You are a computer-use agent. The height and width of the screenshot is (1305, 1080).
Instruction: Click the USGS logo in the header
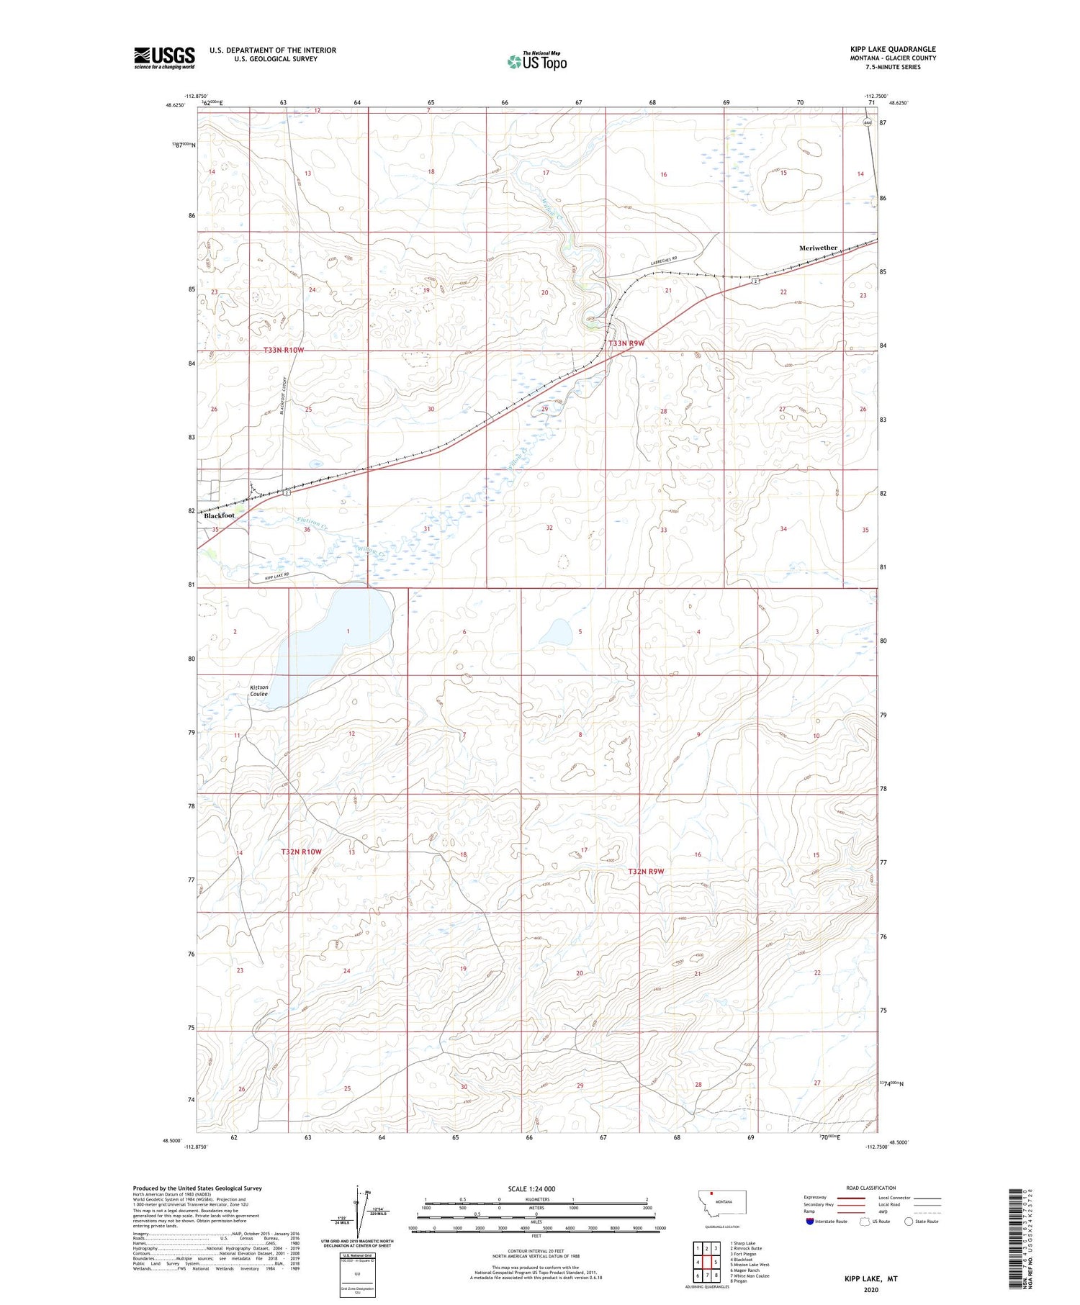point(164,58)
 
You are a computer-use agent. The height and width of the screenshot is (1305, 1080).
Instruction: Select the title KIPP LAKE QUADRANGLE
point(892,49)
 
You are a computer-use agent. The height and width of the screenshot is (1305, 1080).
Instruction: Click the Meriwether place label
point(818,248)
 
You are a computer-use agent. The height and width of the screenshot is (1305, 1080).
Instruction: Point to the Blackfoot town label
point(219,515)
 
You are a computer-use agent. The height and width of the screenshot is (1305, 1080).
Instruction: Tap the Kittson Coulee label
point(258,690)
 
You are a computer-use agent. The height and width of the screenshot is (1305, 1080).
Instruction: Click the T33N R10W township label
point(284,350)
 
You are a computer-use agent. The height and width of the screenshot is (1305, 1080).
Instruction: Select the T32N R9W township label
point(645,871)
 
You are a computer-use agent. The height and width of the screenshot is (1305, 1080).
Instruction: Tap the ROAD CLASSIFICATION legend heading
point(870,1188)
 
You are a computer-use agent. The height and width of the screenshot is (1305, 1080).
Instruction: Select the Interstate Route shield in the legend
point(809,1222)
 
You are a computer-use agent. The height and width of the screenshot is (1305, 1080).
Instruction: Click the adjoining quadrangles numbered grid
point(706,1262)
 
